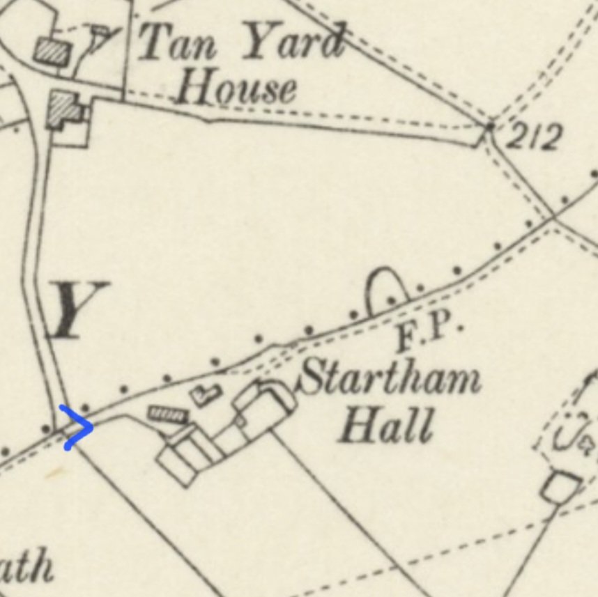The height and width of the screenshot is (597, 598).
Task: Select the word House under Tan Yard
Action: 237,89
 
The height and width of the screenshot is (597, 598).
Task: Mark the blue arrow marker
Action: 77,426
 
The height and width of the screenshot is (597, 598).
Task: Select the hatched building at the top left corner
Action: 54,50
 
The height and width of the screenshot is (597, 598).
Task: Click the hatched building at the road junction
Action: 65,109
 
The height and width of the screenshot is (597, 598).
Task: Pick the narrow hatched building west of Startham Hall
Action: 168,415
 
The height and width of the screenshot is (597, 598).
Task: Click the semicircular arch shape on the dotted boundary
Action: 387,289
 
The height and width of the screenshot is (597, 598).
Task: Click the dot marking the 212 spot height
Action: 489,127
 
